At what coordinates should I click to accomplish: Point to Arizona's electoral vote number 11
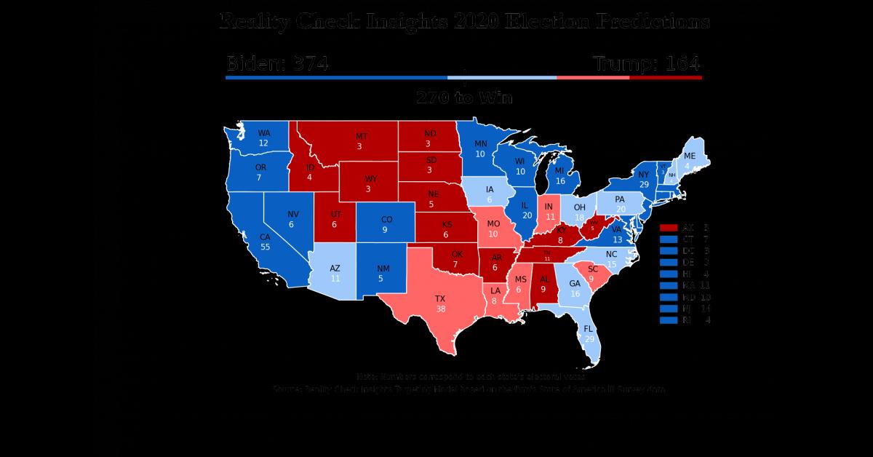(335, 279)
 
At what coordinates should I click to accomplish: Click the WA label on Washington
(263, 133)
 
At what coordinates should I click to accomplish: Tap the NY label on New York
(643, 175)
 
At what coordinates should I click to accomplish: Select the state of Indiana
(549, 211)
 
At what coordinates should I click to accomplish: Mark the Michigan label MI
(559, 171)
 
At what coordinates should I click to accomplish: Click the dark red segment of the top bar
(666, 77)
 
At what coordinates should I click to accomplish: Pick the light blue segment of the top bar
(502, 77)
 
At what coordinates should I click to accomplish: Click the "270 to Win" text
(464, 98)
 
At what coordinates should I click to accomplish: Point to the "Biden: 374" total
(277, 63)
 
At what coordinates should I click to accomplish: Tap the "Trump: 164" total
(647, 63)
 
